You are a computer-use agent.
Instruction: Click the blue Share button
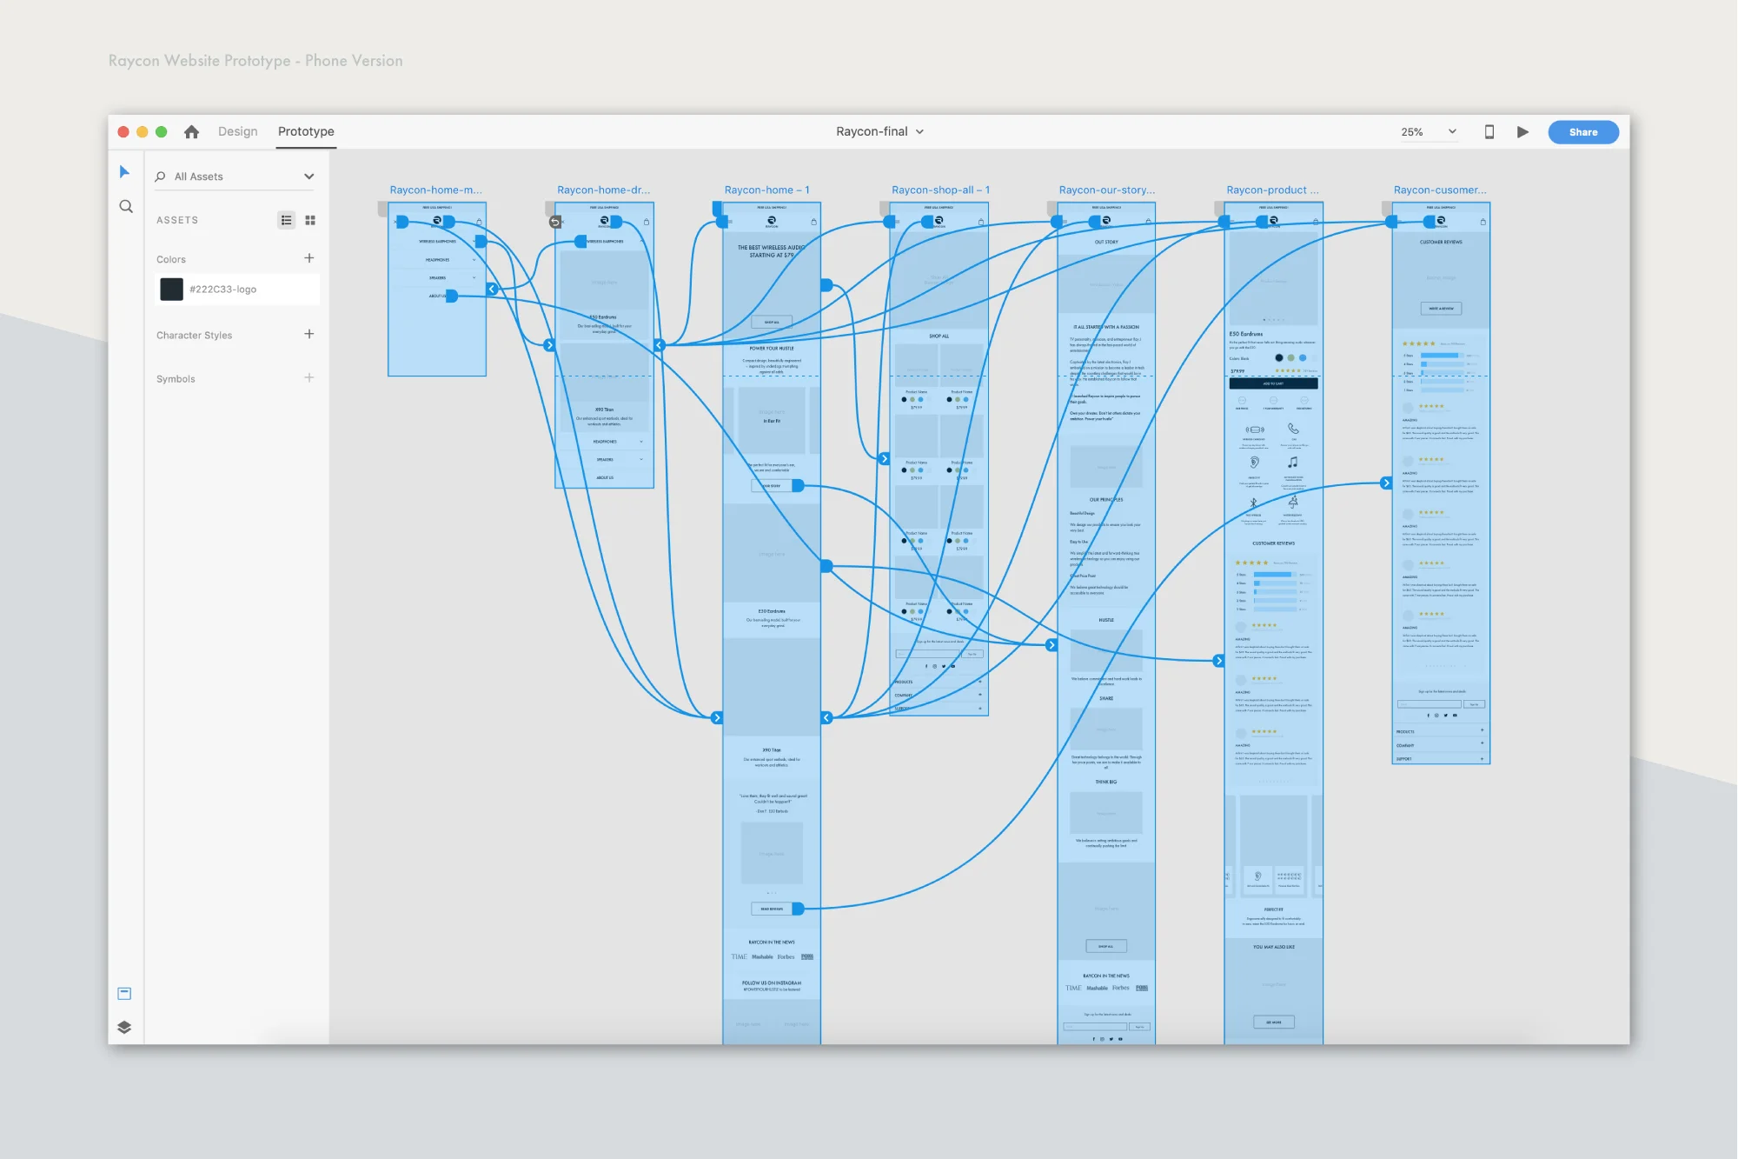(x=1582, y=132)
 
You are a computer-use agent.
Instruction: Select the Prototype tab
(x=306, y=131)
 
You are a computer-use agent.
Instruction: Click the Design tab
(x=237, y=131)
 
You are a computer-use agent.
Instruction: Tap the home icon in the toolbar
(x=191, y=131)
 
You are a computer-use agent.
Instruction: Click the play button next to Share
(x=1522, y=132)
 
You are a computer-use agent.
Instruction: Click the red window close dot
(x=123, y=132)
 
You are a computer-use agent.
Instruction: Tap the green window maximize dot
(x=161, y=132)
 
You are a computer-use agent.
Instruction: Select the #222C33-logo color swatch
(x=172, y=290)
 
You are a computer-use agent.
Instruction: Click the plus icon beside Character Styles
(x=309, y=334)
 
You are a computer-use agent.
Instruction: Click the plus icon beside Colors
(x=309, y=258)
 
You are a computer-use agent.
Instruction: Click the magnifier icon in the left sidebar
(x=126, y=207)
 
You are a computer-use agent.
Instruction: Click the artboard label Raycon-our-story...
(x=1106, y=190)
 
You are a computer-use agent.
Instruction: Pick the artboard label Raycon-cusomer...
(x=1439, y=190)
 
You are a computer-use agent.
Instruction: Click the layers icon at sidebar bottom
(x=124, y=1027)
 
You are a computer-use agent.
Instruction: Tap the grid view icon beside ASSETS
(x=310, y=221)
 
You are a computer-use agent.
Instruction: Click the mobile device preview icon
(x=1489, y=132)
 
